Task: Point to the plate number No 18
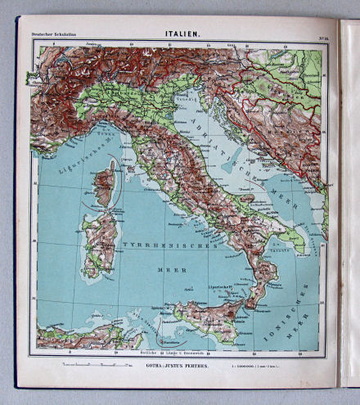(321, 34)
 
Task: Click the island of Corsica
(104, 183)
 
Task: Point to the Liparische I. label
(219, 288)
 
